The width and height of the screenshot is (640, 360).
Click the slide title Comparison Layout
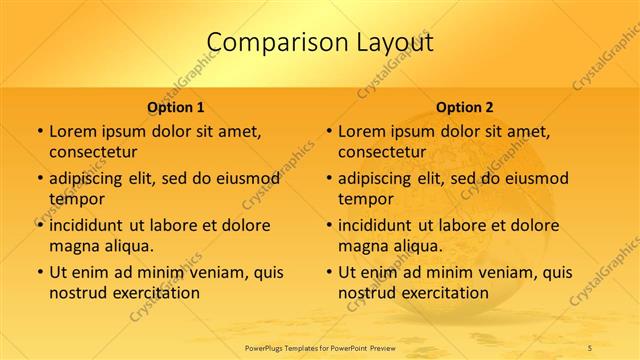pos(320,42)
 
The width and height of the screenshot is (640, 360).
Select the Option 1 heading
pos(176,107)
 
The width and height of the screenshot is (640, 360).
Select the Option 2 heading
pos(465,107)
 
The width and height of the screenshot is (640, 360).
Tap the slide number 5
pos(590,346)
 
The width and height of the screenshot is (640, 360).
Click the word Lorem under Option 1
pos(72,131)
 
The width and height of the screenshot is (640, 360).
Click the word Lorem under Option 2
pos(361,131)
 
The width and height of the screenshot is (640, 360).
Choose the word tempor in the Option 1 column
pos(74,199)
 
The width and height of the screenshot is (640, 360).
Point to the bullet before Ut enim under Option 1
pos(38,272)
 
